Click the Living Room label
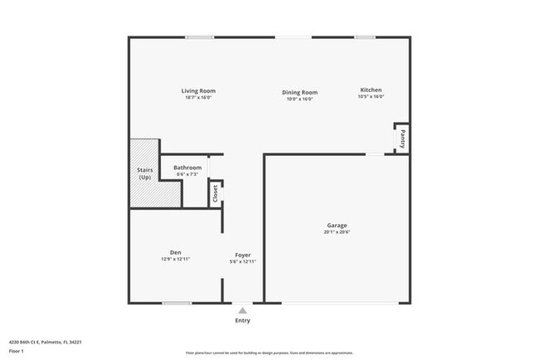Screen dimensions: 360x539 [199, 90]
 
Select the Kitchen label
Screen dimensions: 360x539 [371, 90]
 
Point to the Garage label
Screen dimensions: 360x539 [337, 226]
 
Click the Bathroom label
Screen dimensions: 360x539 [187, 168]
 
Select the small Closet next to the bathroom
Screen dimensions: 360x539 [216, 193]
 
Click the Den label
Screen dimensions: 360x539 [176, 252]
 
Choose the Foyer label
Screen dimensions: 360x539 [243, 255]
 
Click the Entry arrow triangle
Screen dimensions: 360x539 [242, 310]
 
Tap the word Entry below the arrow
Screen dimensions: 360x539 [242, 320]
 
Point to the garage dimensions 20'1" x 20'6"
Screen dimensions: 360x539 [337, 233]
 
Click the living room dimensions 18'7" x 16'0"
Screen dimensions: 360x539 [199, 98]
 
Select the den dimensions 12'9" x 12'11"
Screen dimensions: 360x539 [176, 260]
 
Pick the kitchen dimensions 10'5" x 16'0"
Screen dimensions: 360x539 [371, 97]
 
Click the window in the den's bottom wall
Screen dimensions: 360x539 [177, 304]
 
